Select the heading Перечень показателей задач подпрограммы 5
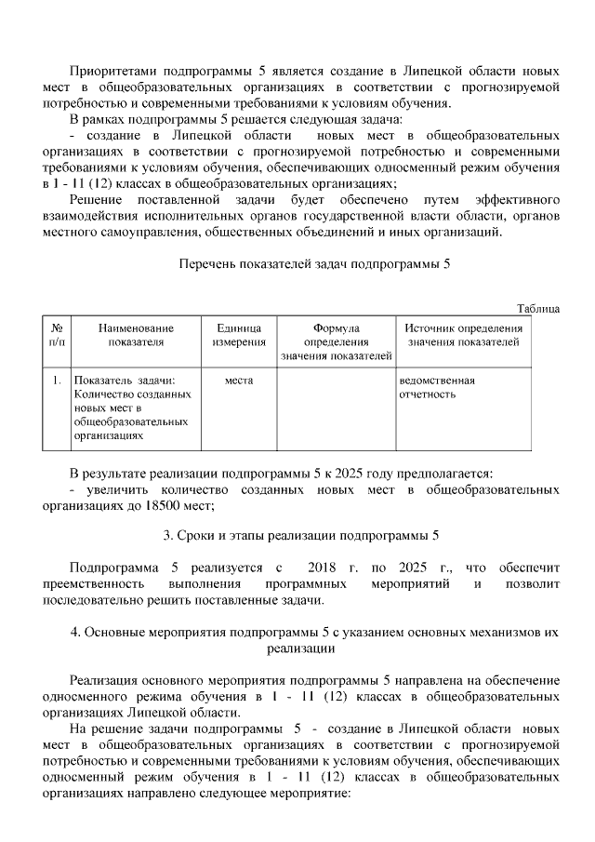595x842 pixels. (x=314, y=264)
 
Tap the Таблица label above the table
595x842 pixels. (x=538, y=309)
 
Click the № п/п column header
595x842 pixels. (x=57, y=335)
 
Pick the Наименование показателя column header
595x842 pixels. (x=136, y=335)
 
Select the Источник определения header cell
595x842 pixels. (x=463, y=335)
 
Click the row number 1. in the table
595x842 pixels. (x=57, y=381)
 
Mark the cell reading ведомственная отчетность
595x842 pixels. (x=436, y=387)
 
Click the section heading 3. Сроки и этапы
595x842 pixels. (x=300, y=536)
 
